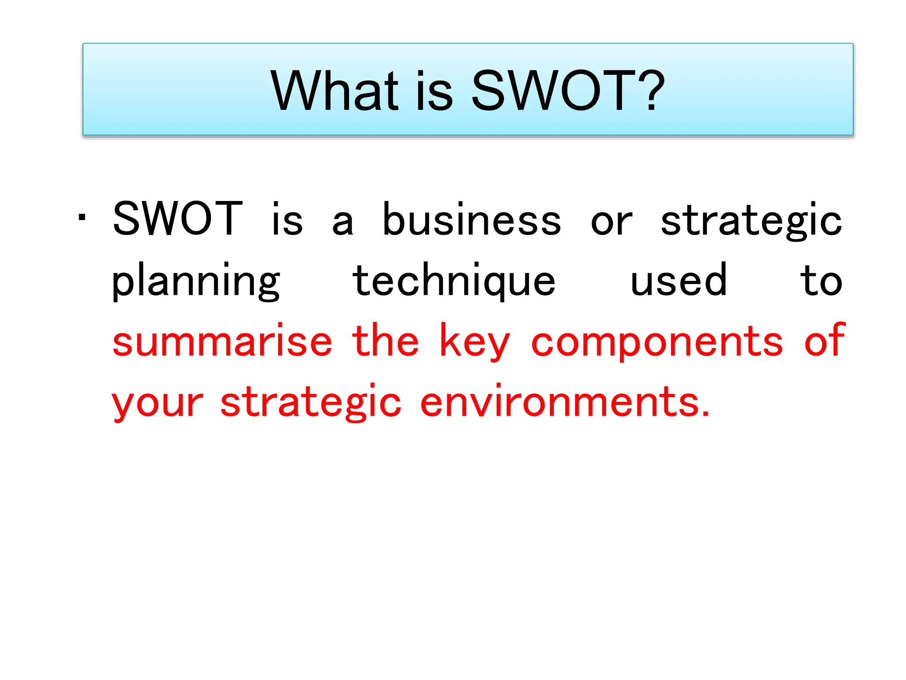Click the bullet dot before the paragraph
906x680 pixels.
82,218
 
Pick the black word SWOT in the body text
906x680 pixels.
177,219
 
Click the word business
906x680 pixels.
472,220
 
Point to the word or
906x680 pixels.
611,221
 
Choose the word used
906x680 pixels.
679,281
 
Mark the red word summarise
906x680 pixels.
222,342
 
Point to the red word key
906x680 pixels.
475,342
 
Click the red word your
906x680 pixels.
157,403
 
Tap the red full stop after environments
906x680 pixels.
706,414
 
